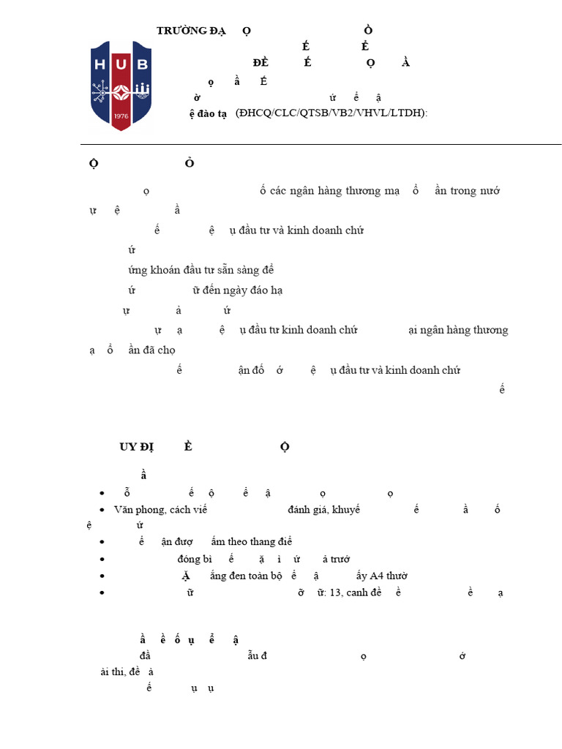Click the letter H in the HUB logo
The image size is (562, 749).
[x=101, y=64]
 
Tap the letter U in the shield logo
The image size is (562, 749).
[x=121, y=64]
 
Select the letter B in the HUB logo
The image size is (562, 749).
[x=142, y=64]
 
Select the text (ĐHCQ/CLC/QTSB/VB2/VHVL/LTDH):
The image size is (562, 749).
[x=331, y=113]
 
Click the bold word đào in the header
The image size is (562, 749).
[x=207, y=114]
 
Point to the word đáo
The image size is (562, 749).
[x=257, y=290]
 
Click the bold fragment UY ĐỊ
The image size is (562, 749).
[x=138, y=447]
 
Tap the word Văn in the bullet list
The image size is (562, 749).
[x=124, y=509]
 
